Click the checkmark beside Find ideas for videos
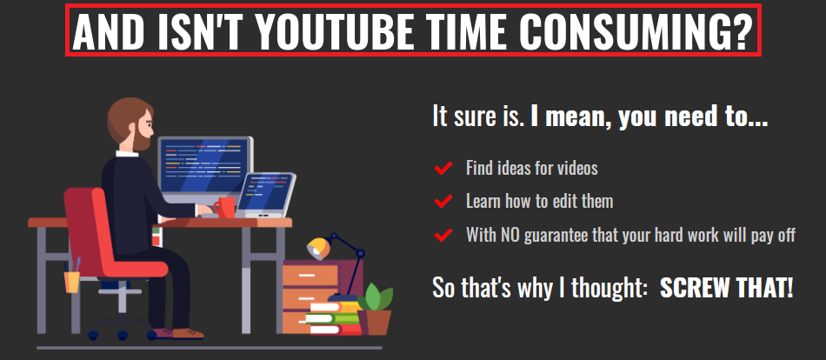click(x=443, y=168)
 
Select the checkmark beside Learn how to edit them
click(x=443, y=202)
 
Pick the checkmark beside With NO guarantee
click(x=443, y=235)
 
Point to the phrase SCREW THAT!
click(x=726, y=288)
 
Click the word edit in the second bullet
click(x=561, y=201)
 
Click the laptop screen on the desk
click(x=267, y=193)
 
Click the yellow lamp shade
click(x=317, y=247)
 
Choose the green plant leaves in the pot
click(x=375, y=297)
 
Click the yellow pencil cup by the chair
click(x=71, y=282)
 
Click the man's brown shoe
click(x=188, y=333)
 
